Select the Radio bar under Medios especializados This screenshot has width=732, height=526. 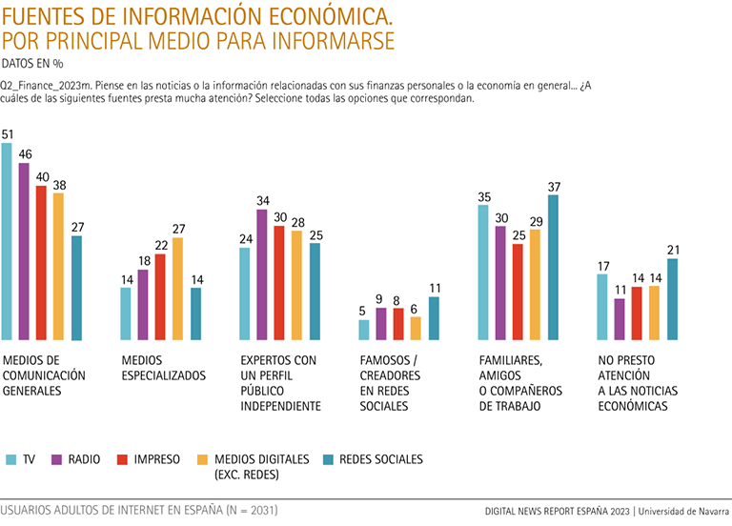pyautogui.click(x=143, y=304)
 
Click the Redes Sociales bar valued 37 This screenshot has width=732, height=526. pyautogui.click(x=553, y=267)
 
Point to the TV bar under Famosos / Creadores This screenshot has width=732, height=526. pyautogui.click(x=364, y=330)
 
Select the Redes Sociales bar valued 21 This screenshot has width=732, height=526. pyautogui.click(x=672, y=298)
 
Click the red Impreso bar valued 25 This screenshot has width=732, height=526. pyautogui.click(x=518, y=292)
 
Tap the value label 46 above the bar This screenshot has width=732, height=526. pyautogui.click(x=25, y=153)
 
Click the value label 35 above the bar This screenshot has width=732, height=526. pyautogui.click(x=484, y=196)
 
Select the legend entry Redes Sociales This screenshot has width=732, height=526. pyautogui.click(x=381, y=459)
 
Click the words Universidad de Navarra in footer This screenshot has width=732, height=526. pyautogui.click(x=682, y=511)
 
